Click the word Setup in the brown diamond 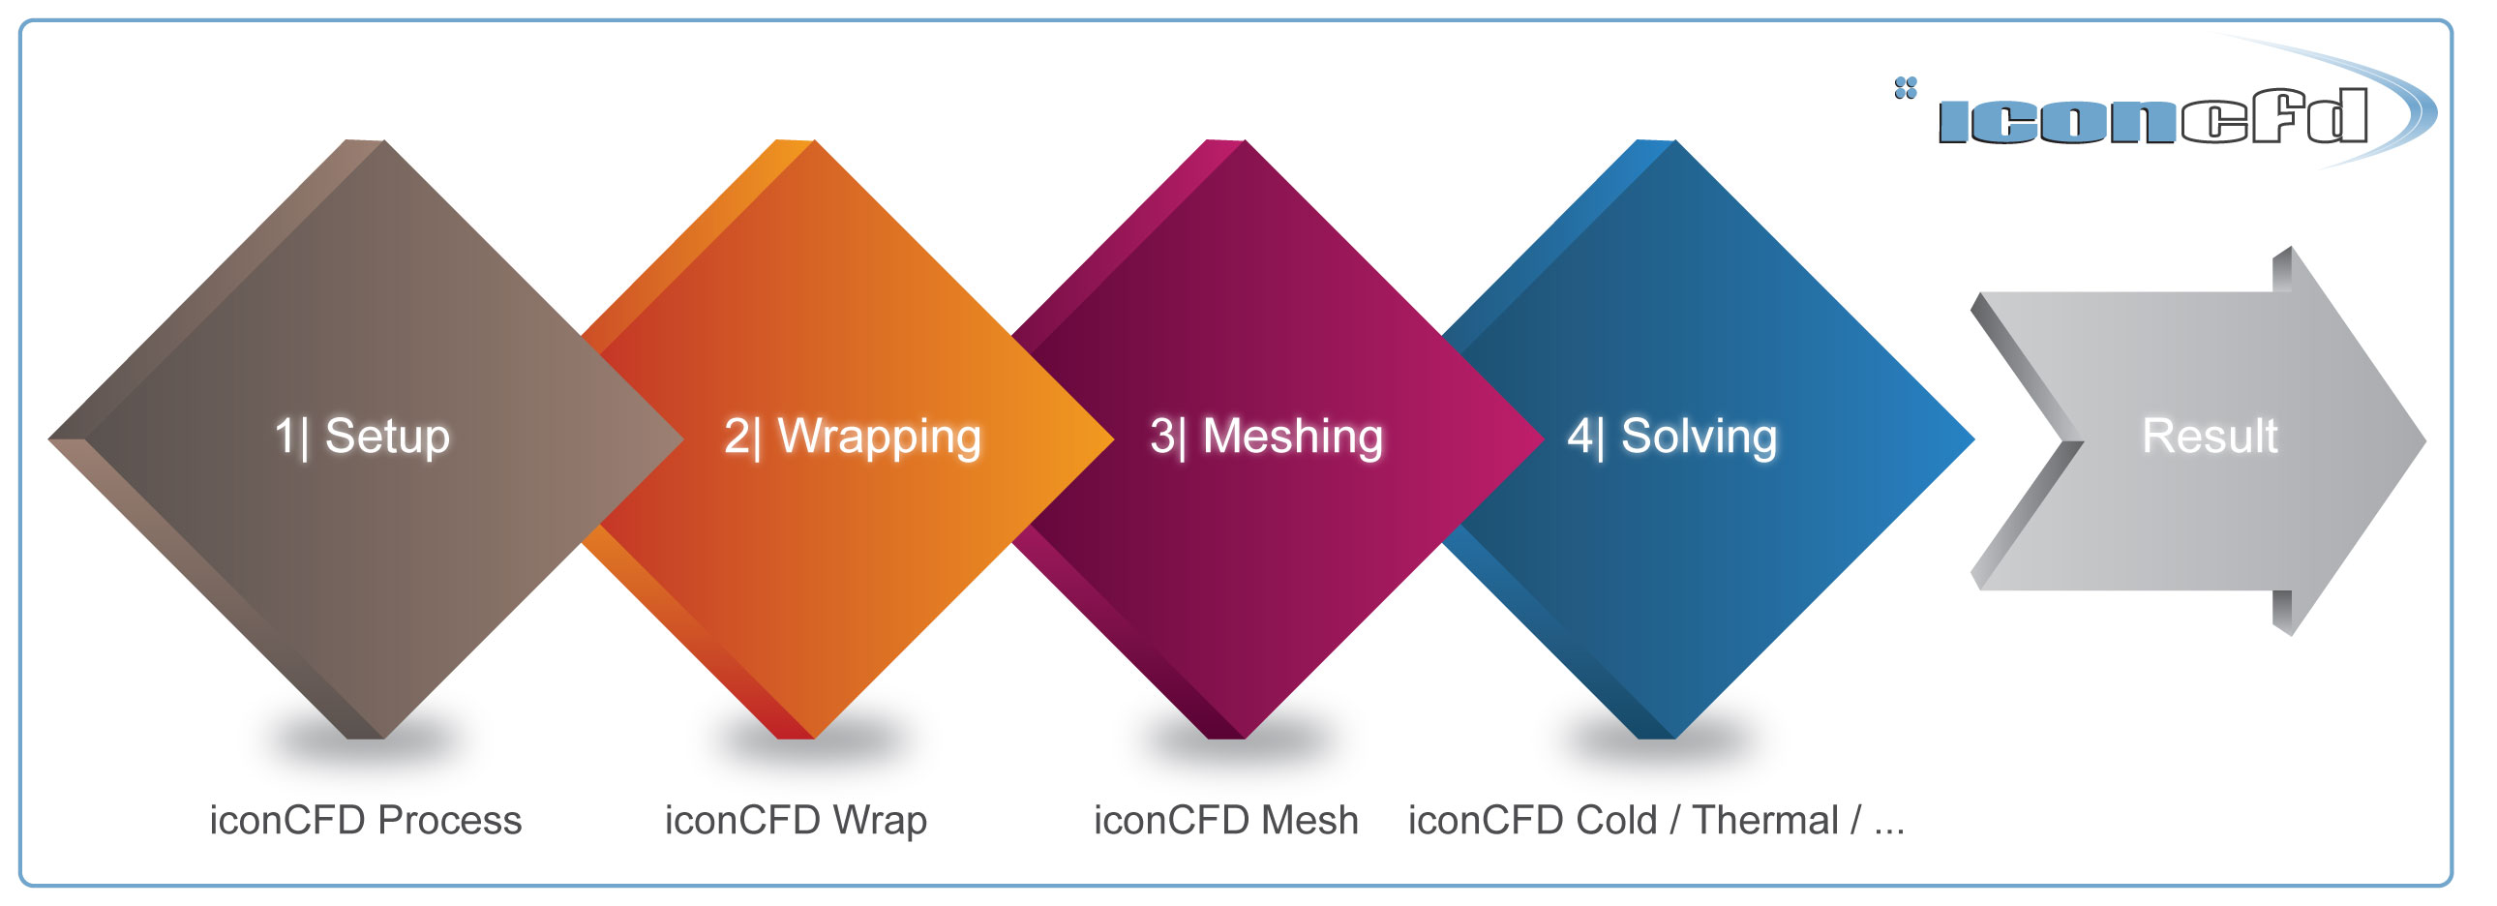coord(387,436)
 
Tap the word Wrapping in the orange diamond coord(879,438)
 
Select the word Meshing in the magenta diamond coord(1292,438)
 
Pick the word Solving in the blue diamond coord(1700,438)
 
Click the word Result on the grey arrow coord(2210,436)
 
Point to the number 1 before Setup coord(284,436)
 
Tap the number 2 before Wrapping coord(736,436)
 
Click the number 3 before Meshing coord(1162,436)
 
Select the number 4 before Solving coord(1581,436)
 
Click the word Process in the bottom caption coord(450,820)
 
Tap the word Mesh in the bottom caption coord(1309,820)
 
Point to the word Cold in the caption coord(1617,820)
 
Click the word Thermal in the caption coord(1765,820)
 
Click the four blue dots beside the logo coord(1906,88)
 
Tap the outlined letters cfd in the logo coord(2275,116)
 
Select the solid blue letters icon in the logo coord(2059,121)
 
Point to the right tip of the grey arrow coord(2425,440)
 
